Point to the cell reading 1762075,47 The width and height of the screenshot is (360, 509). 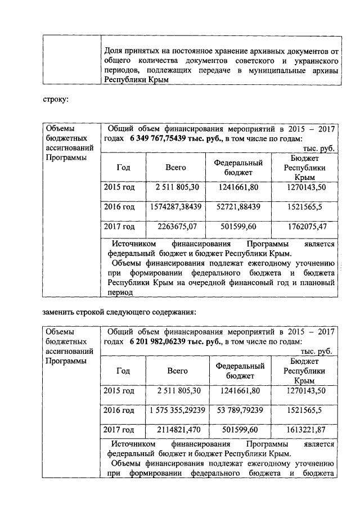pyautogui.click(x=305, y=227)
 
